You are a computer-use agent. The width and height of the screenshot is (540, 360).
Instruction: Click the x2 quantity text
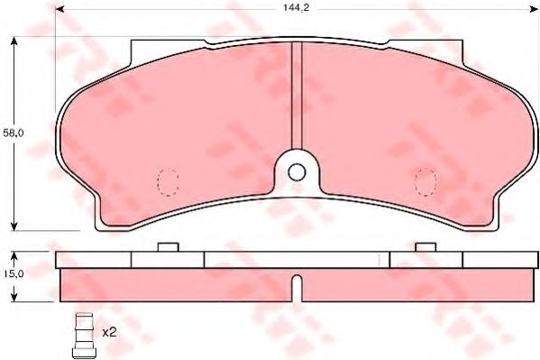coord(109,332)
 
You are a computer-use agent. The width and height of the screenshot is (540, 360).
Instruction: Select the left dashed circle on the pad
coord(168,180)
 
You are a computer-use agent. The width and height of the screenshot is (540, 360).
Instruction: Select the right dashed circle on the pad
coord(424,180)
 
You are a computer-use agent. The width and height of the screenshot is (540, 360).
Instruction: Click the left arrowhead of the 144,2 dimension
coord(60,11)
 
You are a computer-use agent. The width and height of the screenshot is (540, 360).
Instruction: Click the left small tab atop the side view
coord(168,246)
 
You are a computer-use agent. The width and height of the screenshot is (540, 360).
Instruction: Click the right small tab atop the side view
coord(424,246)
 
